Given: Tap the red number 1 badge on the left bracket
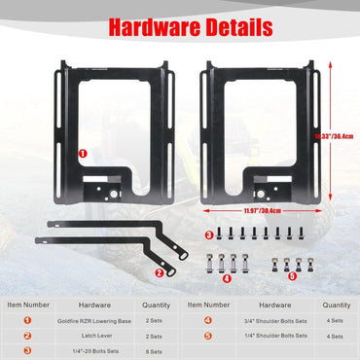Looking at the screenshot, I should point(83,153).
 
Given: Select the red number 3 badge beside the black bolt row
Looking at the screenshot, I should point(209,235).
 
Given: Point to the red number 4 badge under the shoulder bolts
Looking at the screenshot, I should point(227,277).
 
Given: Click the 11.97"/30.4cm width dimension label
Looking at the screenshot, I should point(264,210).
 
